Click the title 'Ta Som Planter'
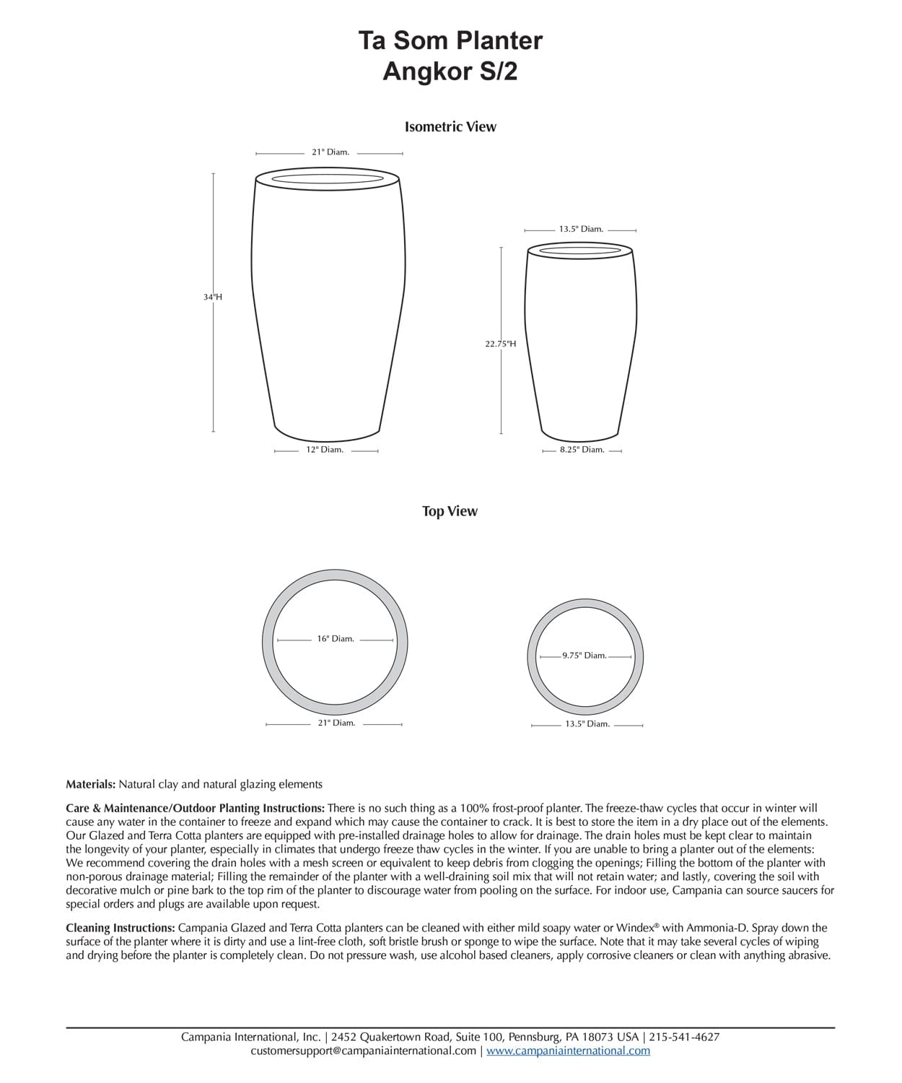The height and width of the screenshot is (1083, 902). [450, 40]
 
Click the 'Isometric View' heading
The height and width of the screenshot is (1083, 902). [450, 127]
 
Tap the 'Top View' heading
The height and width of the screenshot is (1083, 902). [450, 511]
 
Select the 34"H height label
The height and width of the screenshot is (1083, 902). [213, 297]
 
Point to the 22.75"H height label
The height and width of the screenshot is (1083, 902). [500, 344]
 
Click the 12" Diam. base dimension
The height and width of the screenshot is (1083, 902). [325, 450]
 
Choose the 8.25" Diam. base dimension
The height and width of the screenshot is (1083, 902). [582, 450]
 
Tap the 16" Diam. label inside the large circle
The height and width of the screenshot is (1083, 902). [336, 639]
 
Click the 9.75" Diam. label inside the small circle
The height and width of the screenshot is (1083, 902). [584, 656]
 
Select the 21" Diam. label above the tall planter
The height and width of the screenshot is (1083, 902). [330, 152]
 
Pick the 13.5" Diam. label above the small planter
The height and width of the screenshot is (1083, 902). [581, 229]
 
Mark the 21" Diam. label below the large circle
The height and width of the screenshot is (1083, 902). [336, 723]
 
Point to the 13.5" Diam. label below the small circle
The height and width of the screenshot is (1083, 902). [587, 723]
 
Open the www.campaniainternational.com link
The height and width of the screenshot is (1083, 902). [568, 1051]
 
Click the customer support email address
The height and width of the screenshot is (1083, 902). [364, 1051]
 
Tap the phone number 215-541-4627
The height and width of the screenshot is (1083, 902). [684, 1037]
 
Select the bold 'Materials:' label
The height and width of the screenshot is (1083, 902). [90, 784]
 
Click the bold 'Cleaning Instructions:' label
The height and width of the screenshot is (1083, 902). [120, 928]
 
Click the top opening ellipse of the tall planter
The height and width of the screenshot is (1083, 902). [328, 178]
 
